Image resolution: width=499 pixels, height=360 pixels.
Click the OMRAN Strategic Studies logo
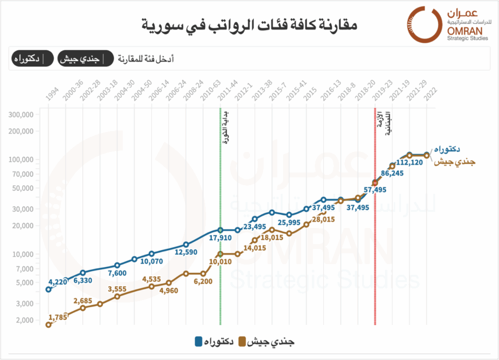(448, 24)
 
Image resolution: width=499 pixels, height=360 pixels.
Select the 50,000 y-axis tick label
(22, 188)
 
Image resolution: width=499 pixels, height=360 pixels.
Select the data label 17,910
(219, 239)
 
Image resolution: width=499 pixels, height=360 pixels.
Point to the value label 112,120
(410, 163)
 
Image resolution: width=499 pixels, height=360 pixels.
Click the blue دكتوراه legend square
(199, 342)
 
